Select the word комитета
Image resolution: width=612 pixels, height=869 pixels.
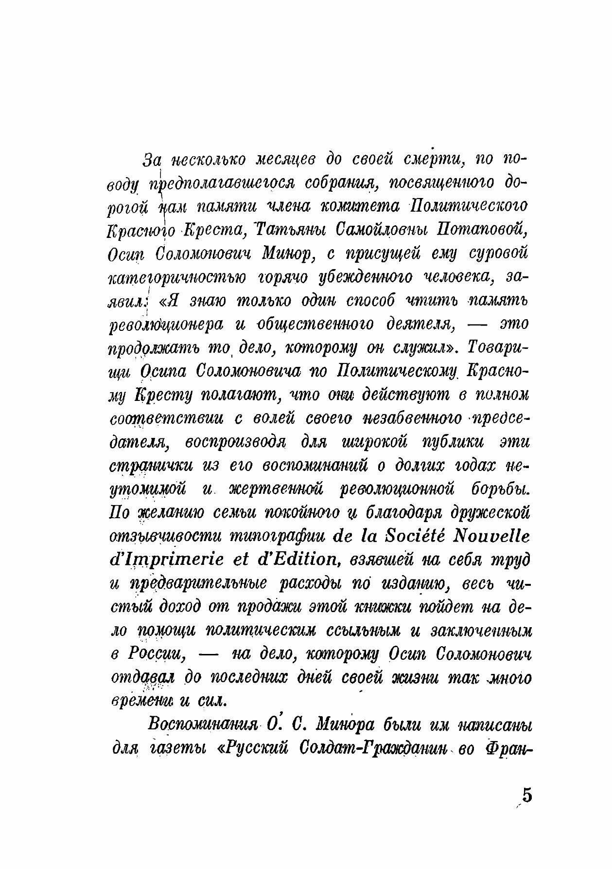(357, 206)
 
